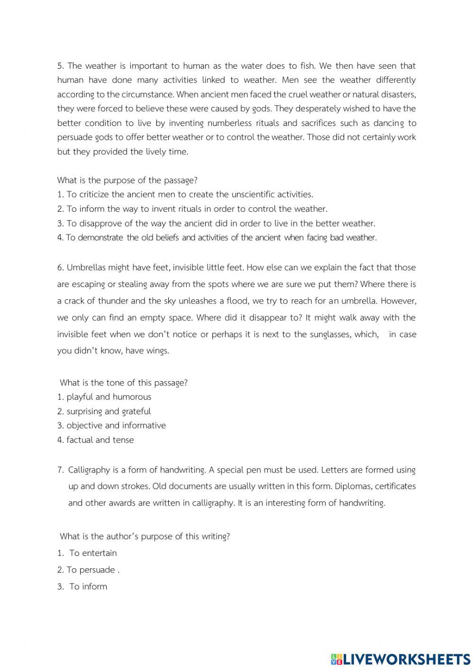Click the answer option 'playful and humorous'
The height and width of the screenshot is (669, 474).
point(109,397)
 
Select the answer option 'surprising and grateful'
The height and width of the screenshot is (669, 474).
point(109,411)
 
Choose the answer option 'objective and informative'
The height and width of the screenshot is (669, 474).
point(116,425)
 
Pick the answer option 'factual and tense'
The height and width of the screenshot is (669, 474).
point(100,440)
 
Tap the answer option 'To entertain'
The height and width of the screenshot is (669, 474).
point(93,553)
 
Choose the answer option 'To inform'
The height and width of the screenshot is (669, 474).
point(88,586)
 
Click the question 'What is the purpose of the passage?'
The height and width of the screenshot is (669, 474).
point(127,180)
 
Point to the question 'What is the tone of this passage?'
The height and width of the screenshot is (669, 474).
point(124,383)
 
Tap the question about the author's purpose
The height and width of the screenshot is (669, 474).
point(145,536)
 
